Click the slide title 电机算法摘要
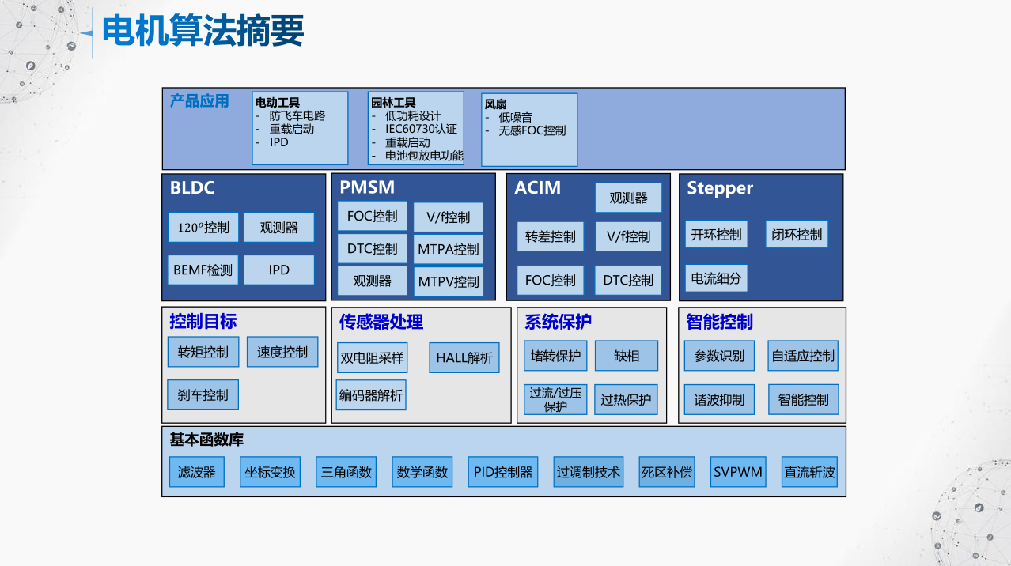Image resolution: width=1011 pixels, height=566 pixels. click(x=203, y=32)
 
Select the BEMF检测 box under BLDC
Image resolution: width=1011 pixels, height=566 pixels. click(x=203, y=270)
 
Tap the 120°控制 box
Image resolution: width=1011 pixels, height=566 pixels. click(x=203, y=228)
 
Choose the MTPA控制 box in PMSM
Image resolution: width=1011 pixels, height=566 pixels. click(x=448, y=249)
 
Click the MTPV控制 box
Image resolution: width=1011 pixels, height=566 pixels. click(x=448, y=281)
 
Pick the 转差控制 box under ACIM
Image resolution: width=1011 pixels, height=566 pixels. click(x=551, y=236)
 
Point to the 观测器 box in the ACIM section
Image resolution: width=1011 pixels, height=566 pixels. click(x=628, y=198)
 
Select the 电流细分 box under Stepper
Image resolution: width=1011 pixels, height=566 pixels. click(x=716, y=278)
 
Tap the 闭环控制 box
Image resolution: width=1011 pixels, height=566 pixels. click(x=797, y=235)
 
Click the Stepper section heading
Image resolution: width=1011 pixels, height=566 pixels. click(x=720, y=188)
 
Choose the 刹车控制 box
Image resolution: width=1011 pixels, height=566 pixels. click(x=203, y=394)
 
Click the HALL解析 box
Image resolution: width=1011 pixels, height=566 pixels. click(x=464, y=357)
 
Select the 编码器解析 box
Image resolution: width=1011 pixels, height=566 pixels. click(x=371, y=394)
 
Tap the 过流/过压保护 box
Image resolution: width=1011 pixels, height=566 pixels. click(x=555, y=399)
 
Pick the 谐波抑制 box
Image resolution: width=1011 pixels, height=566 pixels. click(x=719, y=400)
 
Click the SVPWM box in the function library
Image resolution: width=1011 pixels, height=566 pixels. click(x=738, y=472)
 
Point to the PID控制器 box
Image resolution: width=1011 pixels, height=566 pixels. click(x=503, y=472)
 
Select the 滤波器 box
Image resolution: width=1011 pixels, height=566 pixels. click(x=197, y=472)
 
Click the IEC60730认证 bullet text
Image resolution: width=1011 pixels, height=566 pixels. click(x=421, y=129)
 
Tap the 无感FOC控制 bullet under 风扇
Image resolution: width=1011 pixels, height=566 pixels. click(x=532, y=130)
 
